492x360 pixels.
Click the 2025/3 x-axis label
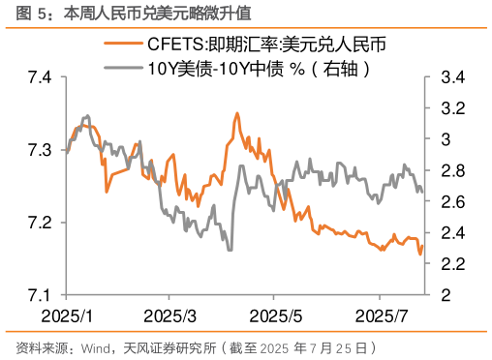coord(169,316)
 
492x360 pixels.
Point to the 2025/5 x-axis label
coord(276,316)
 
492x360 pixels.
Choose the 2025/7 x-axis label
coord(380,316)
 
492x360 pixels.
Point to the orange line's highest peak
coord(237,113)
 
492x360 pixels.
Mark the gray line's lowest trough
coord(230,250)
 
